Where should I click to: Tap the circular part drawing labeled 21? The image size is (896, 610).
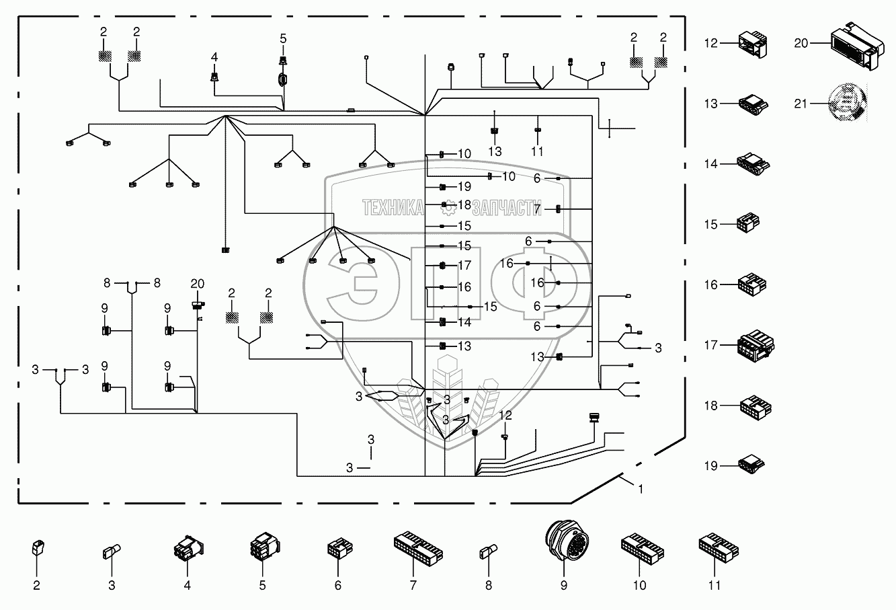[846, 103]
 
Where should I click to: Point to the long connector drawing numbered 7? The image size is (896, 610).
[418, 544]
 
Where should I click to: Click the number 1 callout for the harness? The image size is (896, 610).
[641, 490]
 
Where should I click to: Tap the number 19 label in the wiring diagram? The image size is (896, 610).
[464, 187]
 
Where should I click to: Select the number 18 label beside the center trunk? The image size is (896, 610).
[464, 205]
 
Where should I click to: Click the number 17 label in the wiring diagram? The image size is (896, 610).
[464, 265]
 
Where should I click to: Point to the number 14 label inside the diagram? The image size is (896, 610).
[464, 322]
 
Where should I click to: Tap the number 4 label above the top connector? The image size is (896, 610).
[214, 57]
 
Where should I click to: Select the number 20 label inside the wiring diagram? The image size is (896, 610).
[197, 284]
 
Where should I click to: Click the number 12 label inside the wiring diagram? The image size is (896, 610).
[505, 416]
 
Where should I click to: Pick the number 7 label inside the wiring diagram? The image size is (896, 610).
[538, 209]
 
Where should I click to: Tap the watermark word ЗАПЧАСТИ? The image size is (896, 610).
[507, 208]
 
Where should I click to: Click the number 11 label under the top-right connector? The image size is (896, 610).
[537, 152]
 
